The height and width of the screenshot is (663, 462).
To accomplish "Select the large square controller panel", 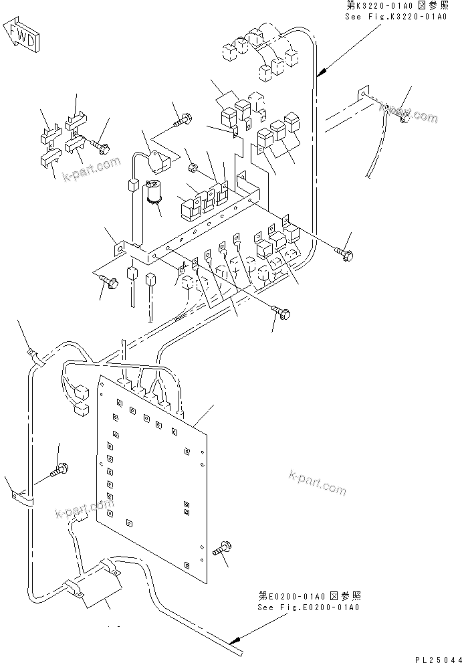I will pos(154,468).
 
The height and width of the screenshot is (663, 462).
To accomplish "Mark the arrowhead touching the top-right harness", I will pos(322,72).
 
